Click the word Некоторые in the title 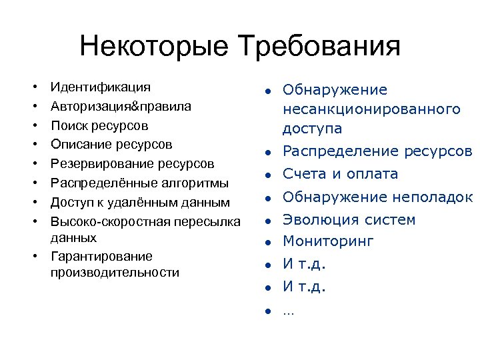pyautogui.click(x=155, y=47)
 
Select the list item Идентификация pyautogui.click(x=100, y=87)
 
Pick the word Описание pyautogui.click(x=77, y=144)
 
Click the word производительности pyautogui.click(x=115, y=272)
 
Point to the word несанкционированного pyautogui.click(x=371, y=109)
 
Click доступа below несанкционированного pyautogui.click(x=312, y=128)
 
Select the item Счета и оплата pyautogui.click(x=340, y=174)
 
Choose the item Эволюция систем pyautogui.click(x=349, y=220)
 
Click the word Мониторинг pyautogui.click(x=328, y=241)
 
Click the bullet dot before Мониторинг pyautogui.click(x=265, y=242)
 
